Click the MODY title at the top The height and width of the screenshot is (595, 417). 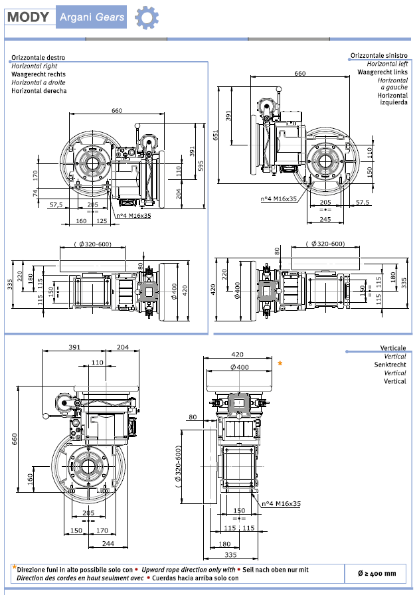(29, 17)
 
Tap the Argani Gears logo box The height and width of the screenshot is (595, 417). (92, 17)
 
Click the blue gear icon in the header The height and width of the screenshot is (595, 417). (146, 17)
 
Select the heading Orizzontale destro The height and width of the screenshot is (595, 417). (38, 58)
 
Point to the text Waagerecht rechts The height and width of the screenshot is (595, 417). (39, 74)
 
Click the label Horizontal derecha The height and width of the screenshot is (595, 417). (39, 91)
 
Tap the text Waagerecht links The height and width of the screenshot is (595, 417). (382, 72)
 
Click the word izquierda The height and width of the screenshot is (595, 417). (393, 103)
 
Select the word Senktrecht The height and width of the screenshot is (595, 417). (391, 365)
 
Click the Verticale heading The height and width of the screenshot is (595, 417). (393, 348)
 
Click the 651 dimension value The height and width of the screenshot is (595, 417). (216, 135)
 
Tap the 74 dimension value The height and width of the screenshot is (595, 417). (35, 193)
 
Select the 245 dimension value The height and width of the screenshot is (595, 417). (325, 218)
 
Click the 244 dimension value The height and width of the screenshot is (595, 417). (108, 543)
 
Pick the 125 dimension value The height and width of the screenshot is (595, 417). (102, 220)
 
